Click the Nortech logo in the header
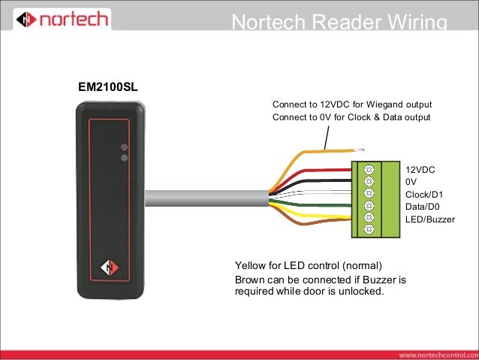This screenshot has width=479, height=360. point(62,19)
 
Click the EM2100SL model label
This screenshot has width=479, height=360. point(108,87)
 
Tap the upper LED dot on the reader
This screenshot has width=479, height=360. point(124,147)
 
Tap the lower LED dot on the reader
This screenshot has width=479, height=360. point(124,158)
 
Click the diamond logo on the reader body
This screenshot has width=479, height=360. point(110,268)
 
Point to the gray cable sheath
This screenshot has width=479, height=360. point(206,198)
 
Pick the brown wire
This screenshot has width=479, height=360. point(306,222)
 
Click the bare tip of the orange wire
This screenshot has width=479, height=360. point(359,150)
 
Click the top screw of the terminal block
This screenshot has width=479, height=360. point(369,169)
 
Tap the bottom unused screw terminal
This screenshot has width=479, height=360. point(369,228)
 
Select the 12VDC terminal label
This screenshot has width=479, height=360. point(420,170)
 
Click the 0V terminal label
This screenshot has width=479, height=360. point(411,182)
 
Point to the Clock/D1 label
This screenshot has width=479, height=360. point(424,195)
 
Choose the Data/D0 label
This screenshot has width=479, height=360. point(423,207)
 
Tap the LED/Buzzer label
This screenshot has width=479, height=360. point(430,219)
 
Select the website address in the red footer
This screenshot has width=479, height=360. point(438,355)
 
